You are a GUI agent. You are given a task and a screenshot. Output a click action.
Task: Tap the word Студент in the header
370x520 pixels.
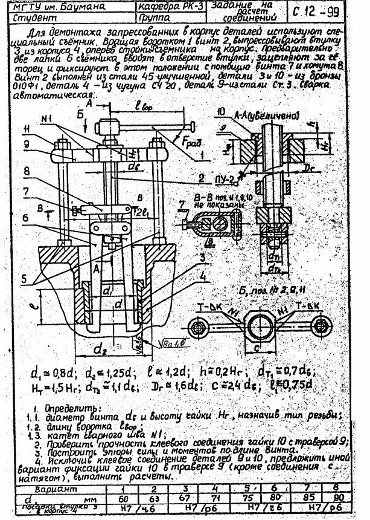point(31,18)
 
